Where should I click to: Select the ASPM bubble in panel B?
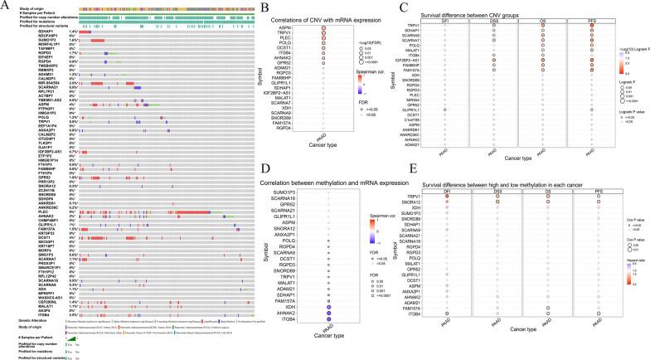click(x=323, y=27)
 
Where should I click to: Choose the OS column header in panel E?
click(x=551, y=215)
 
